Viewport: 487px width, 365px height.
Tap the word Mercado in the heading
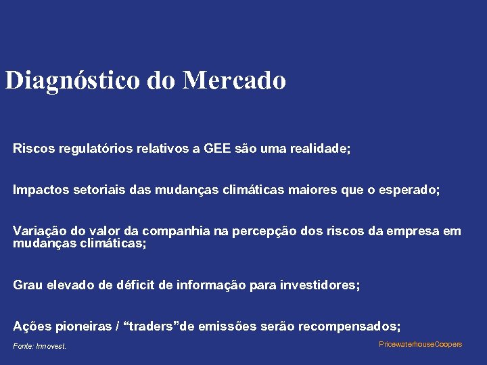click(x=235, y=80)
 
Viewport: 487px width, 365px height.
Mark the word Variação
click(x=39, y=231)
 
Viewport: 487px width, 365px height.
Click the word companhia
click(x=179, y=231)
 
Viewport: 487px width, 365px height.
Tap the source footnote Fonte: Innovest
click(x=40, y=347)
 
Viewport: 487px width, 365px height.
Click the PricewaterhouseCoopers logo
click(x=420, y=345)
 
